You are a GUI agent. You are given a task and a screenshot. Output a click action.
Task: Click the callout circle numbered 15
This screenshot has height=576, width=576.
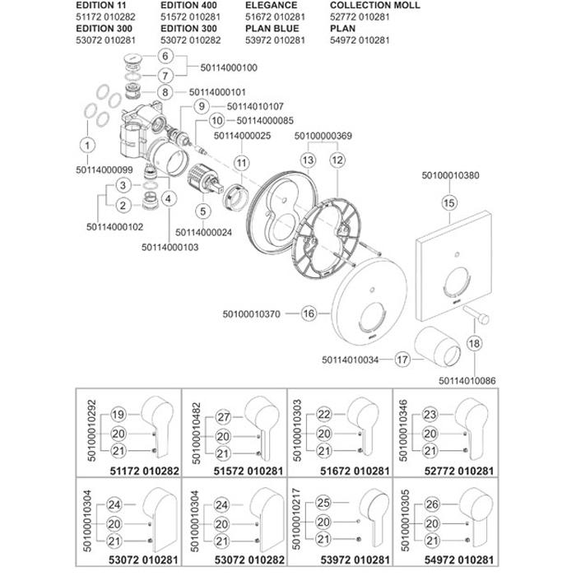click(x=449, y=201)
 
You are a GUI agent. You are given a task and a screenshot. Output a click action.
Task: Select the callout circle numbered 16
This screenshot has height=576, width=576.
click(x=309, y=313)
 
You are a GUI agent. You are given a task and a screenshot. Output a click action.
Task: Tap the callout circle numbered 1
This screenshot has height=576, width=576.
click(x=86, y=146)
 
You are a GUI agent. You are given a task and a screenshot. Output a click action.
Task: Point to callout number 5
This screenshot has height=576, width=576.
click(x=201, y=211)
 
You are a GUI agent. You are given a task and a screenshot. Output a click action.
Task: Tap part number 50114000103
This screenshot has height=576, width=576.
click(x=170, y=247)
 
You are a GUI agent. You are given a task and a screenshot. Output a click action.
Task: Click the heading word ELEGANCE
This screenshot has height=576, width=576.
click(x=272, y=6)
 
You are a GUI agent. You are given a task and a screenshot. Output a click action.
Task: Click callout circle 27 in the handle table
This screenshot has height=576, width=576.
click(x=224, y=416)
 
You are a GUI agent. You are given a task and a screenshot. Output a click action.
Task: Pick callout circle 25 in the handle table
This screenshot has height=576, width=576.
click(x=323, y=502)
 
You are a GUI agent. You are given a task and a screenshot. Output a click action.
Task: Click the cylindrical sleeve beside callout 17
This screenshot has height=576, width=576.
click(x=442, y=346)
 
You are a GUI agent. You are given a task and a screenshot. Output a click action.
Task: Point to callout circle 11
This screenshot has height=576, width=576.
click(x=241, y=164)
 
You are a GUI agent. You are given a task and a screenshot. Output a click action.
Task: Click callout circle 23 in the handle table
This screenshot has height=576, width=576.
click(x=430, y=416)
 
